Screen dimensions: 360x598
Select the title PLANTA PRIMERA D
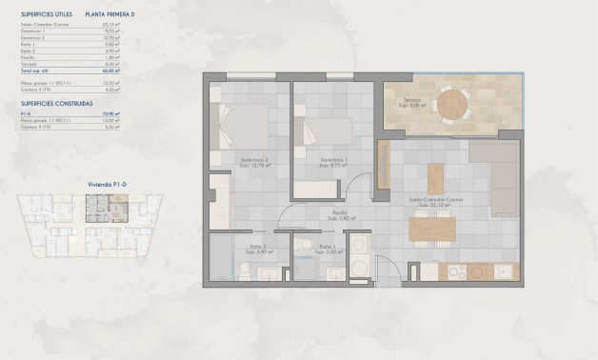(x=110, y=15)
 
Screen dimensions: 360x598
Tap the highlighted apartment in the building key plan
(x=96, y=203)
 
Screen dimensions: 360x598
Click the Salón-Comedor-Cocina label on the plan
(x=430, y=201)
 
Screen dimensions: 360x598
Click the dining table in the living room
(x=432, y=229)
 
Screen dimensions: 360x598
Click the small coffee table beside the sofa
(x=435, y=178)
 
